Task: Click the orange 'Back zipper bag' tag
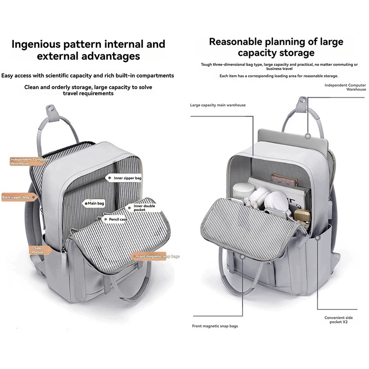pos(17,197)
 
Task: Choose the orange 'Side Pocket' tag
pos(38,250)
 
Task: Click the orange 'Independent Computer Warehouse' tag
pos(26,161)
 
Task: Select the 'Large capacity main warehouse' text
pos(218,105)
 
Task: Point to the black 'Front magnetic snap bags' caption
pos(215,326)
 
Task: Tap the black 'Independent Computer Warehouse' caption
pos(345,87)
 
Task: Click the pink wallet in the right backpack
pos(283,179)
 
